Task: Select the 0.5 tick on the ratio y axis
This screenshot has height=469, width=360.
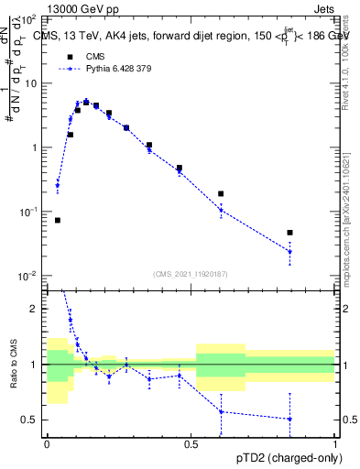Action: [x=33, y=420]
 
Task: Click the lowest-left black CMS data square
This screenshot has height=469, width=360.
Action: [x=58, y=220]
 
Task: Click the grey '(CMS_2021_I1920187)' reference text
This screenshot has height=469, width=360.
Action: [x=191, y=273]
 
